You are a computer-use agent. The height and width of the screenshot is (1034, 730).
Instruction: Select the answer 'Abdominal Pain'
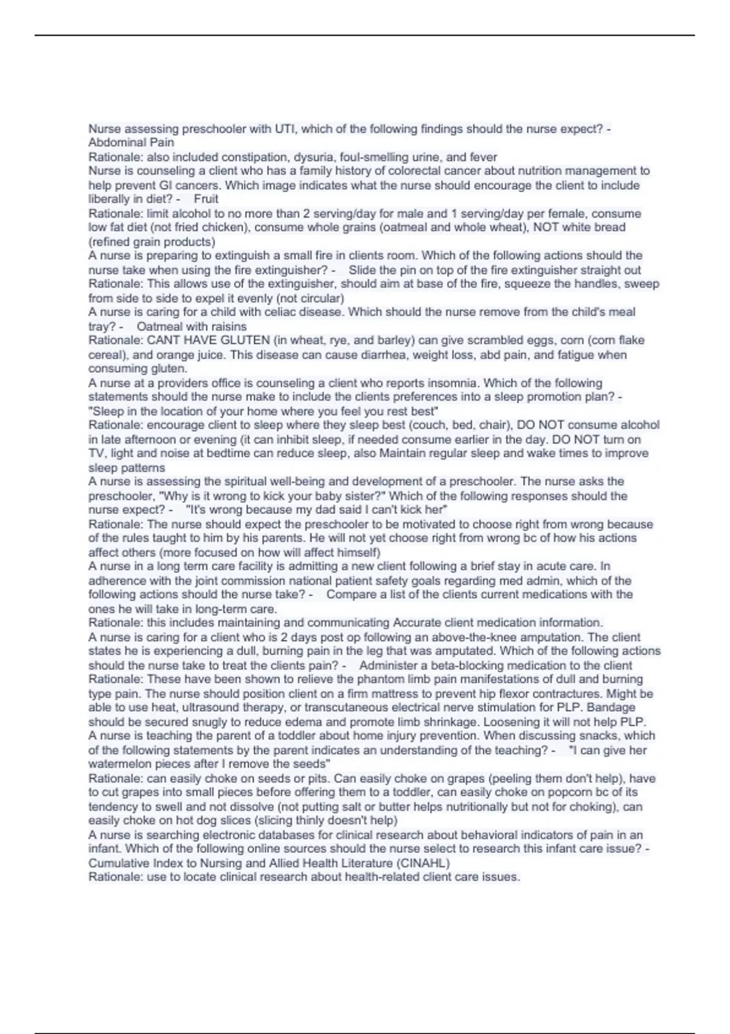(x=131, y=143)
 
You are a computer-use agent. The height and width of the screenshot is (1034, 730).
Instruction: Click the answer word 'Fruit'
(x=206, y=199)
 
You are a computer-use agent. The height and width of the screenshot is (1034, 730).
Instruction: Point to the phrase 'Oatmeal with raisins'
(x=192, y=327)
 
